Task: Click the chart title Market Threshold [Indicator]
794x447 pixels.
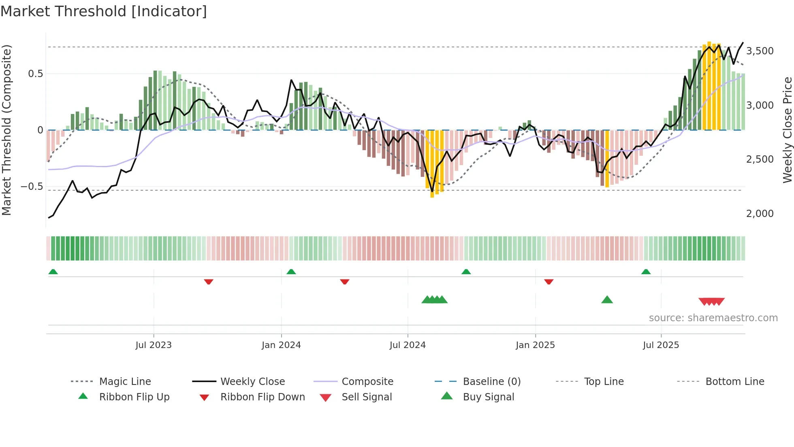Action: pyautogui.click(x=104, y=11)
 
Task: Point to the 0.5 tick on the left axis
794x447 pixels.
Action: pyautogui.click(x=35, y=74)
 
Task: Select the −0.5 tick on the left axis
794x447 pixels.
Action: pyautogui.click(x=32, y=187)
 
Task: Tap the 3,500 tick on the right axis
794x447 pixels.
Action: pyautogui.click(x=760, y=51)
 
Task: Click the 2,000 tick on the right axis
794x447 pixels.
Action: pyautogui.click(x=760, y=214)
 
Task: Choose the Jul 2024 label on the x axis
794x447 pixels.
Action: pyautogui.click(x=408, y=345)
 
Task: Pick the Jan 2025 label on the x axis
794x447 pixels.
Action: pyautogui.click(x=535, y=345)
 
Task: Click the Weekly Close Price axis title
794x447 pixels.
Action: pyautogui.click(x=787, y=130)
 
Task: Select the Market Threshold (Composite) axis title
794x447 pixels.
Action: pyautogui.click(x=6, y=130)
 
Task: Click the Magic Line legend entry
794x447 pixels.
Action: pyautogui.click(x=125, y=382)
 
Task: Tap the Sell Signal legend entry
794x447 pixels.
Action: pyautogui.click(x=367, y=397)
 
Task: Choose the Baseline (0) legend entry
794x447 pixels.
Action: pyautogui.click(x=491, y=382)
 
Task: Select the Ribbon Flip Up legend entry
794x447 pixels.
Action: pyautogui.click(x=134, y=397)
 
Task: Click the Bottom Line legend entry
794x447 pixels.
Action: pyautogui.click(x=734, y=382)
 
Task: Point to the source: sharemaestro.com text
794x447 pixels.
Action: pyautogui.click(x=713, y=318)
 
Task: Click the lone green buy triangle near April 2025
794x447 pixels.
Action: pyautogui.click(x=607, y=300)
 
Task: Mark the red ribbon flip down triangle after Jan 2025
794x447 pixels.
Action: pyautogui.click(x=549, y=282)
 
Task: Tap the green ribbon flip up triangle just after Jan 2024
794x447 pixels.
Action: pyautogui.click(x=291, y=272)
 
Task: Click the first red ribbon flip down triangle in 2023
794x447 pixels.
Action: pyautogui.click(x=209, y=282)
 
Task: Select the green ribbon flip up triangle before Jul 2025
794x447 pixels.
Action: pyautogui.click(x=646, y=272)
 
